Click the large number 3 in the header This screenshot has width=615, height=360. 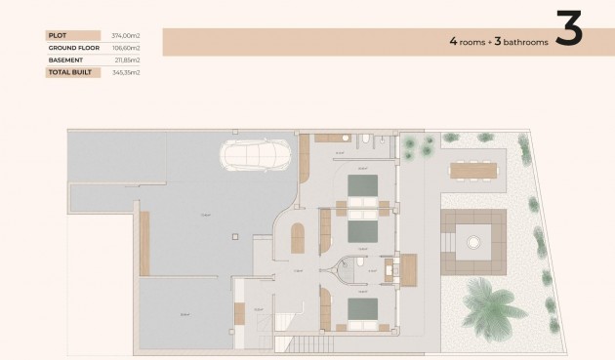[568, 31]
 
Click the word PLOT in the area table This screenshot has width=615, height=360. [57, 35]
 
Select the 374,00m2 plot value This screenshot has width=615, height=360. [126, 35]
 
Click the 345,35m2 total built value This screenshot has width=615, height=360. [126, 72]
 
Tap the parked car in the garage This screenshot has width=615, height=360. [256, 155]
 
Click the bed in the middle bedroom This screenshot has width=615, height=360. [363, 232]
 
